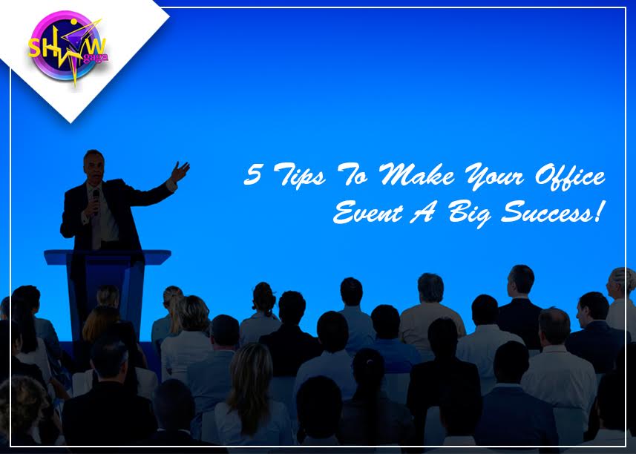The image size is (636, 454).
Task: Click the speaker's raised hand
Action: point(180,171)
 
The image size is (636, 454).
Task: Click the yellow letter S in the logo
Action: point(35,48)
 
